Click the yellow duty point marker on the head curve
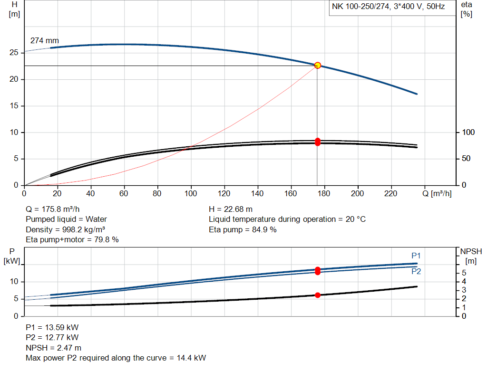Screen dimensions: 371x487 click(318, 65)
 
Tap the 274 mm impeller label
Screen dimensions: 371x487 click(45, 41)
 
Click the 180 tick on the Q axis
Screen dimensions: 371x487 click(324, 193)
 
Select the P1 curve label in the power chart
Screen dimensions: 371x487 click(416, 256)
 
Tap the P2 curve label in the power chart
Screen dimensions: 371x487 click(416, 271)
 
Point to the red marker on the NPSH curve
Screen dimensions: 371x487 click(318, 295)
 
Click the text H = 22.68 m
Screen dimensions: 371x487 click(231, 209)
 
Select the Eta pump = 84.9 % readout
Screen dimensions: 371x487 click(243, 229)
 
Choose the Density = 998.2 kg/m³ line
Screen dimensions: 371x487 click(65, 229)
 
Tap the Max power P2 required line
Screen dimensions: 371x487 click(116, 358)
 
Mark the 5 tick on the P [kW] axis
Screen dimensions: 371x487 click(16, 299)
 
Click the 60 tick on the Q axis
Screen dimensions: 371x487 click(124, 193)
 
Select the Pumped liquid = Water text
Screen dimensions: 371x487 click(66, 219)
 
